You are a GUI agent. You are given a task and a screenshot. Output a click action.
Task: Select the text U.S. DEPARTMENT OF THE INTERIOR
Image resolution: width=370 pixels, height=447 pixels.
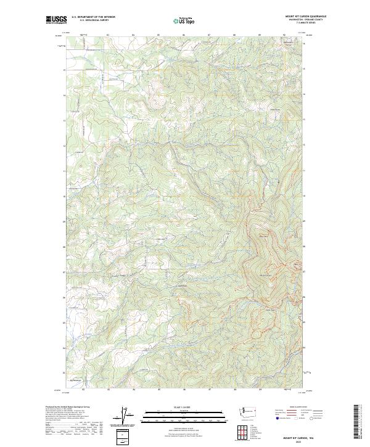[93, 17]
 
